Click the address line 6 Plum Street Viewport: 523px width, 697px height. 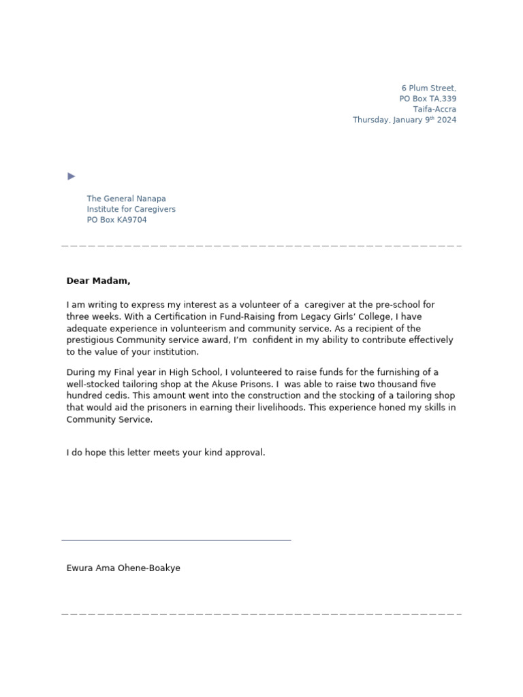[x=428, y=88]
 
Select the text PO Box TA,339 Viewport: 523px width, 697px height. [x=428, y=99]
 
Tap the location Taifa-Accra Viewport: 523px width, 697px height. [x=434, y=110]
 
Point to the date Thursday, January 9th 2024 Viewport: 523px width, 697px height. [x=405, y=120]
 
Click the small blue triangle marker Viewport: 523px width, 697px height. [x=72, y=176]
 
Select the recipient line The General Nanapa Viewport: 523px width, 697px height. [x=126, y=199]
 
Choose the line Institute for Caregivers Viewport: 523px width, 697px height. [x=131, y=210]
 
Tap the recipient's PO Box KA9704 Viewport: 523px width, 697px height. [x=116, y=220]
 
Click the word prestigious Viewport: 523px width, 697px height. [x=91, y=340]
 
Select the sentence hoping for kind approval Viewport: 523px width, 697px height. [x=165, y=453]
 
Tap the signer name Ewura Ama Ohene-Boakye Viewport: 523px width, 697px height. [x=123, y=568]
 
